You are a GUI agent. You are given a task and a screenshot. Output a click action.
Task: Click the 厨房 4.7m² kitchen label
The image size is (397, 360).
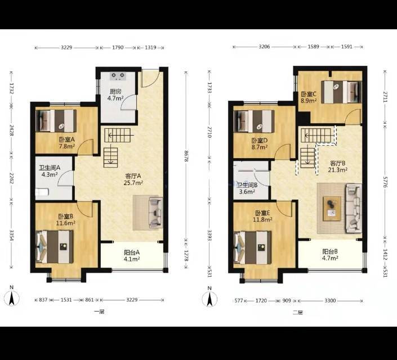coord(115,95)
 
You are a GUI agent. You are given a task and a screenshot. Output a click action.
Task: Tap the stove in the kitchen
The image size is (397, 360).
coord(118,75)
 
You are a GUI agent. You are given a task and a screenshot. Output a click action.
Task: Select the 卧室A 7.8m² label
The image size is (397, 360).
coord(67,143)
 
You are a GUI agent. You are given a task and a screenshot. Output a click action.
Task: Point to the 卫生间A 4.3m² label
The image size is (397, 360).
coord(50,171)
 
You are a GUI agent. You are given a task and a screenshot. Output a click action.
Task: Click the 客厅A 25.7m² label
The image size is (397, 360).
coord(133,179)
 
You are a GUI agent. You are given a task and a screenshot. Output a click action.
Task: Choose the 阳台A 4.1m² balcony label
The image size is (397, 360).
coord(132,255)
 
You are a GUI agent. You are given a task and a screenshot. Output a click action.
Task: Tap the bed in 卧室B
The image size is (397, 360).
coord(55,247)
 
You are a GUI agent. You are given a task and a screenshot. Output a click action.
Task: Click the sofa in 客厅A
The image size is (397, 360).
coord(156,213)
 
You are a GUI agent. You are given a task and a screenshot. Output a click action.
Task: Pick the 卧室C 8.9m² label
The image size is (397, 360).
coord(309,97)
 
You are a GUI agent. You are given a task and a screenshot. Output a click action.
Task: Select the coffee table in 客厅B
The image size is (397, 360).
coord(332,209)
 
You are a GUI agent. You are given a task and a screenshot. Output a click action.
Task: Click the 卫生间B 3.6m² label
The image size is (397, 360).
coord(247,188)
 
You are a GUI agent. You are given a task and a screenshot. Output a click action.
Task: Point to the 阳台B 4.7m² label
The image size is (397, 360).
coord(330,255)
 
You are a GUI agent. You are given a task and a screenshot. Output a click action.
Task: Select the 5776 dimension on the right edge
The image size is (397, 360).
coord(385,182)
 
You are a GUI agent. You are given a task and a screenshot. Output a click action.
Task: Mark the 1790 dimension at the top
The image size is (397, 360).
coord(118,47)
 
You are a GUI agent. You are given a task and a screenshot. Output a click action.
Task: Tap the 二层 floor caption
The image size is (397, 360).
coord(297,312)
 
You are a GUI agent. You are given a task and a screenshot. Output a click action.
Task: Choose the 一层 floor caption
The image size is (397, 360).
coord(99,312)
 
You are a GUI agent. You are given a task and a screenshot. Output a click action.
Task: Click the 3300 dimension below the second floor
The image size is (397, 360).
coord(330,300)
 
